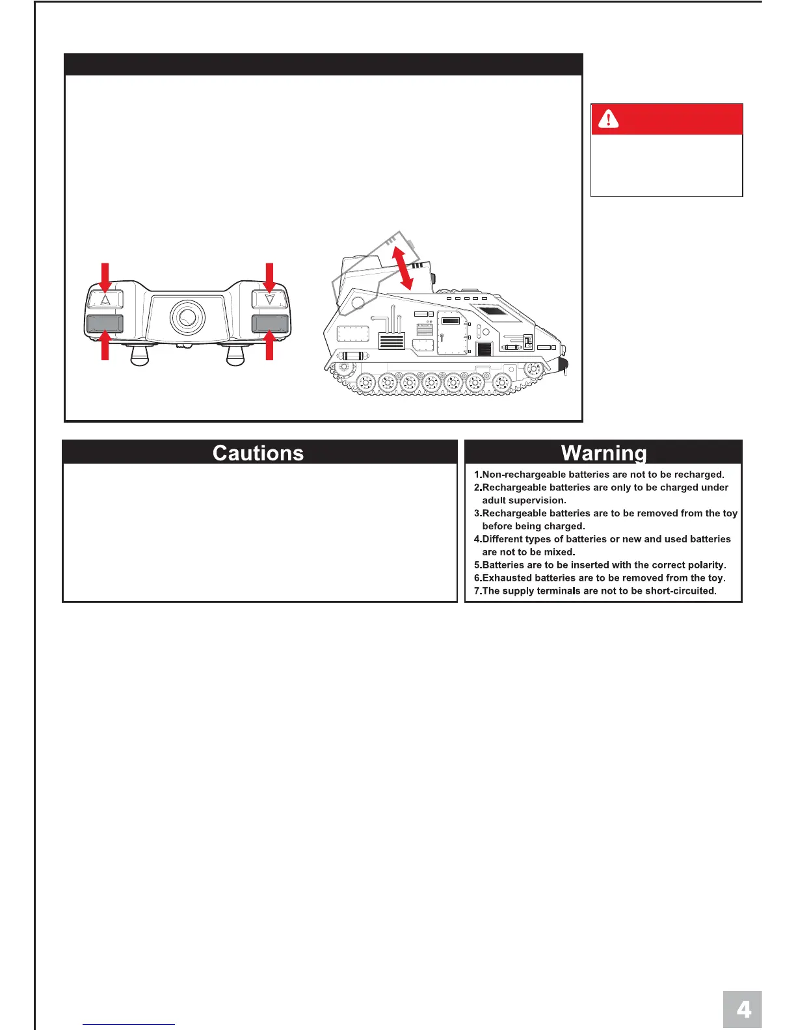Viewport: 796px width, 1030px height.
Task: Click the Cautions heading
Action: [x=258, y=453]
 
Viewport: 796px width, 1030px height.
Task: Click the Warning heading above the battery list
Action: [x=604, y=453]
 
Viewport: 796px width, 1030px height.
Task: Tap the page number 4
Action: [x=743, y=1010]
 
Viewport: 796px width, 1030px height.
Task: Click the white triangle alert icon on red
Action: [x=608, y=119]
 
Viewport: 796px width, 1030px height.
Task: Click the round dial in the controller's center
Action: [x=187, y=317]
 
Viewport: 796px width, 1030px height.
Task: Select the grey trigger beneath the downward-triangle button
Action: [x=270, y=323]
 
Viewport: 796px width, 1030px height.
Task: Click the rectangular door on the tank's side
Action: [x=451, y=333]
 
